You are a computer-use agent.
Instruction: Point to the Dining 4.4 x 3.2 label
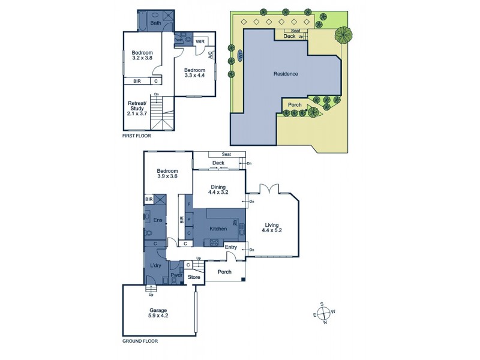(x=218, y=190)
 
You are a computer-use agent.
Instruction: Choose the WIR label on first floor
(x=200, y=41)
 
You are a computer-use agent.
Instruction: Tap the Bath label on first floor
(x=155, y=23)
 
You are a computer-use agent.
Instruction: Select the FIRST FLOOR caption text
(x=136, y=136)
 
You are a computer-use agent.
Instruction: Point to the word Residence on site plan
(x=286, y=74)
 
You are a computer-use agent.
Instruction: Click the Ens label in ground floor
(x=158, y=221)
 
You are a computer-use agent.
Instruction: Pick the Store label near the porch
(x=193, y=277)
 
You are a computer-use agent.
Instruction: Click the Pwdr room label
(x=176, y=276)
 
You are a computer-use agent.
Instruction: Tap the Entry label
(x=231, y=247)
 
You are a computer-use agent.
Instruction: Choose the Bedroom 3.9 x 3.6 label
(x=167, y=173)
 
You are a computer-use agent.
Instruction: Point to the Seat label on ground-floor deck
(x=227, y=154)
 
